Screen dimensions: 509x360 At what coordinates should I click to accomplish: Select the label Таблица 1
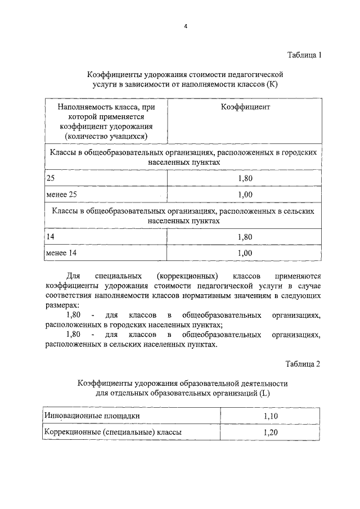point(303,55)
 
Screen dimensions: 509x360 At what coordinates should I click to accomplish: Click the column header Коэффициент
point(245,106)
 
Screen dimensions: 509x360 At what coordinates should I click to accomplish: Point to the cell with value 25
point(51,177)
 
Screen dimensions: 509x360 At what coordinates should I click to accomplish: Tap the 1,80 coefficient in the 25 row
point(245,178)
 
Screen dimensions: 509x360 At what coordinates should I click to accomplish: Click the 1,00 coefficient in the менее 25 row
point(245,195)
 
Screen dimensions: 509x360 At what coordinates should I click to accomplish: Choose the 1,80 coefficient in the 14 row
point(245,237)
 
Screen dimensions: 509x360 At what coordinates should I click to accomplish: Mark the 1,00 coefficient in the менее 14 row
point(245,254)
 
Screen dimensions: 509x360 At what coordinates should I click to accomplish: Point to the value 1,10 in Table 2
point(271,416)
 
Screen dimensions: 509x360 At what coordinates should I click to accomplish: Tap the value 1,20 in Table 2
point(271,433)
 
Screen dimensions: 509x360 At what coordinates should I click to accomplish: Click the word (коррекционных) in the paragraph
point(188,276)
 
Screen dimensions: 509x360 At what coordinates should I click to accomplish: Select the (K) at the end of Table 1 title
point(272,84)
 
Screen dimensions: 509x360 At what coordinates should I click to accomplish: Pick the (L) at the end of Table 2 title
point(264,393)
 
